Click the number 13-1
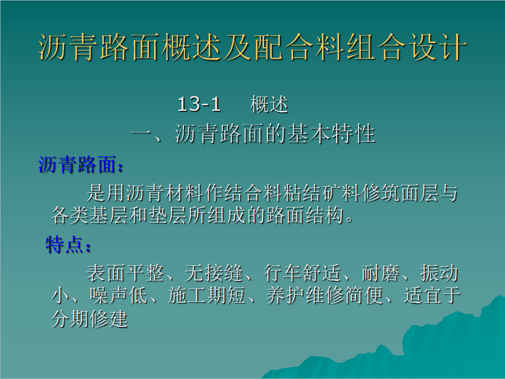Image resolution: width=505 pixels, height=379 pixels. pyautogui.click(x=199, y=104)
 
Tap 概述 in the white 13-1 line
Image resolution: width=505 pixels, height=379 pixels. pyautogui.click(x=269, y=104)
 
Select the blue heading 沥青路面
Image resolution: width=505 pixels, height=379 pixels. pyautogui.click(x=77, y=165)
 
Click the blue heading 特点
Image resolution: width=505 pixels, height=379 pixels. pyautogui.click(x=64, y=244)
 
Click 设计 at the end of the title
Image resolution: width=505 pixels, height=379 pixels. pyautogui.click(x=438, y=47)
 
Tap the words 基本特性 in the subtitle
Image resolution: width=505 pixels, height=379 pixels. pyautogui.click(x=331, y=134)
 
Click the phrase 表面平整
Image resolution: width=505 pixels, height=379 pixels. pyautogui.click(x=125, y=273)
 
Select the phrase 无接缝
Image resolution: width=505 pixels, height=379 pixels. pyautogui.click(x=213, y=273)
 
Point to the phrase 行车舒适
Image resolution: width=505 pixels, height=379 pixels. pyautogui.click(x=302, y=273)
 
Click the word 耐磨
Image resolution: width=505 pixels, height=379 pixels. pyautogui.click(x=380, y=273)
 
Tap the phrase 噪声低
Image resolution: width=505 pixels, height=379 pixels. pyautogui.click(x=118, y=295)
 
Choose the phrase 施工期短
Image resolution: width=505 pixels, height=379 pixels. pyautogui.click(x=206, y=295)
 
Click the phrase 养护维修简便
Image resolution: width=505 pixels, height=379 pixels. pyautogui.click(x=324, y=295)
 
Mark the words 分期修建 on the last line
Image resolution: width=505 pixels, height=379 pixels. pyautogui.click(x=90, y=319)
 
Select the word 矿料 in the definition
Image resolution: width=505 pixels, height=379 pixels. pyautogui.click(x=341, y=193)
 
